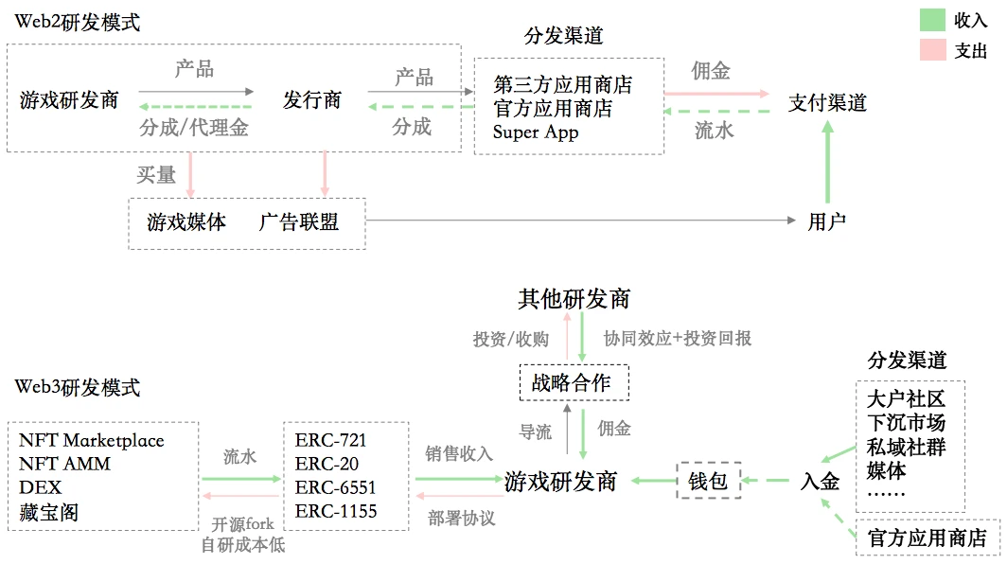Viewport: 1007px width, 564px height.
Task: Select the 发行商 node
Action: [312, 99]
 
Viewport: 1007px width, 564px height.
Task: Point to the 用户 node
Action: [827, 222]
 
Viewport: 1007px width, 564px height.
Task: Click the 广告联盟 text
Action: [299, 222]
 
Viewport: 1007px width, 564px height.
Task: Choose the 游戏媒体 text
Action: [186, 222]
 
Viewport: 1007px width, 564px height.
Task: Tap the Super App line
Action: [536, 132]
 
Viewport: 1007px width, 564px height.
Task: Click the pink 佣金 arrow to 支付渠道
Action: [716, 94]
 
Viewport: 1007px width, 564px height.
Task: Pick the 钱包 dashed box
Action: [708, 481]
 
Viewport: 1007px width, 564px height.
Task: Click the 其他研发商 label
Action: [574, 299]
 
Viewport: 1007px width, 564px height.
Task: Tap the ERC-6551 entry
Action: [336, 487]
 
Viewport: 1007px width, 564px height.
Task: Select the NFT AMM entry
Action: [64, 464]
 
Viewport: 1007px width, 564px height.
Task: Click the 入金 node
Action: [820, 481]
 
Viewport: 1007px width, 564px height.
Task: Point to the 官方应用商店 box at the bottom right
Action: [927, 538]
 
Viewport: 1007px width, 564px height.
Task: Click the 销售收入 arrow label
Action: [459, 453]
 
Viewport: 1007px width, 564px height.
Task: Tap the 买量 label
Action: [156, 174]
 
